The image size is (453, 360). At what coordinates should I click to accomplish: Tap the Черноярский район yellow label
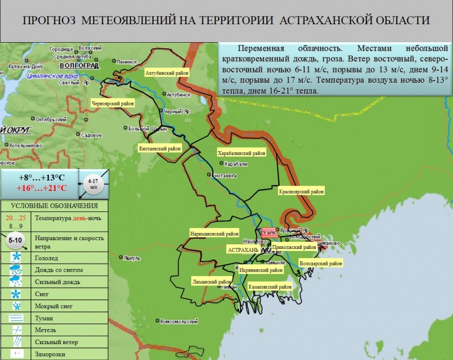click(113, 103)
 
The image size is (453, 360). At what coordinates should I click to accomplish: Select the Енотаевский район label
click(160, 149)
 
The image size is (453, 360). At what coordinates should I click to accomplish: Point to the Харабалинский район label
click(242, 153)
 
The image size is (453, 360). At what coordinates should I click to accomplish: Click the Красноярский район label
click(302, 192)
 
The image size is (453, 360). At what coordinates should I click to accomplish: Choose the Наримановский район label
click(214, 233)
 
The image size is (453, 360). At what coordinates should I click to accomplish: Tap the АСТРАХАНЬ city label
click(243, 249)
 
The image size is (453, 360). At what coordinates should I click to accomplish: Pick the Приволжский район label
click(294, 247)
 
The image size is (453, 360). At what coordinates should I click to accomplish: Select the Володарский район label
click(321, 263)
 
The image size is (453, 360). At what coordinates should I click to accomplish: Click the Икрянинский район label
click(261, 270)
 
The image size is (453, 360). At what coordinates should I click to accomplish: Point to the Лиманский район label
click(211, 282)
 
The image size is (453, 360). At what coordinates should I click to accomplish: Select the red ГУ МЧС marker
click(269, 233)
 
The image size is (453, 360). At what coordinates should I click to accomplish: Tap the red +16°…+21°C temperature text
click(42, 188)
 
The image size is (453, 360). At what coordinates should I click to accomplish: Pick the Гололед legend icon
click(17, 257)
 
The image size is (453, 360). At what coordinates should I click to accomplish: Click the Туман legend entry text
click(44, 319)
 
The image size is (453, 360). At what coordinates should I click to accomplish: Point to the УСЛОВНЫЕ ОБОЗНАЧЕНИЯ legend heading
click(54, 206)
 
